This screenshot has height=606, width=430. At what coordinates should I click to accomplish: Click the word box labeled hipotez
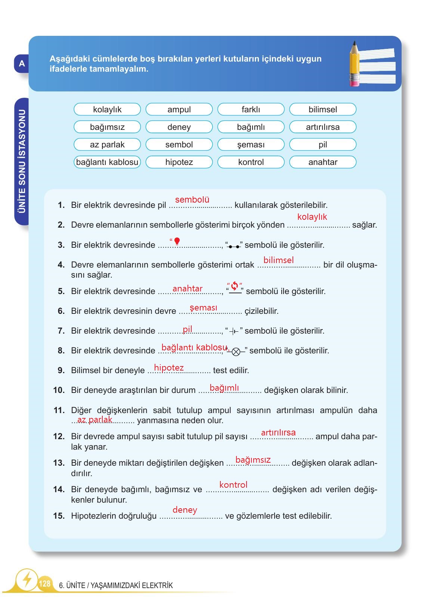point(179,162)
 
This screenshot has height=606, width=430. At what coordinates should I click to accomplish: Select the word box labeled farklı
point(251,109)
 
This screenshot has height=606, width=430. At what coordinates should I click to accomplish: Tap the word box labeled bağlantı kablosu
point(107,162)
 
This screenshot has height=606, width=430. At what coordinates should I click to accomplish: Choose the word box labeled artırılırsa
point(323,127)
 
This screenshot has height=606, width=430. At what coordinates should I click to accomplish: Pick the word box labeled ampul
point(179,109)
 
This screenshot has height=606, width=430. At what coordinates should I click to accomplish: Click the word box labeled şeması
point(251,144)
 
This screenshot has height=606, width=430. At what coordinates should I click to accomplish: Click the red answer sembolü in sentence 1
point(192,200)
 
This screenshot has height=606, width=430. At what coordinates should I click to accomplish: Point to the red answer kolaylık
point(312,217)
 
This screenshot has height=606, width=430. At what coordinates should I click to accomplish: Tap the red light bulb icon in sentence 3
point(177,241)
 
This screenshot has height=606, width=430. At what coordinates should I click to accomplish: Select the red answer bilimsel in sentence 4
point(278,260)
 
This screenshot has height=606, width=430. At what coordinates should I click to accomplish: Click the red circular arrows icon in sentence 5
point(235,286)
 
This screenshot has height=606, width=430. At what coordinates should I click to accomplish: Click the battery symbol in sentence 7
point(234,331)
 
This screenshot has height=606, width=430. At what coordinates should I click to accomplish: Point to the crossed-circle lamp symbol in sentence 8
point(236,352)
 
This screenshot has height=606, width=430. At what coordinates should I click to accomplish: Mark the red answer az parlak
point(95,420)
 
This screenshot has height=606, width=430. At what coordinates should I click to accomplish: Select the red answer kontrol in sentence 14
point(233,485)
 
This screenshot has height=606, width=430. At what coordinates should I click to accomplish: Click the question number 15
point(59,516)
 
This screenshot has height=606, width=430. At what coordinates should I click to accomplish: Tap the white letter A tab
point(22,63)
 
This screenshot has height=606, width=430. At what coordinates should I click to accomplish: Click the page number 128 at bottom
point(44,583)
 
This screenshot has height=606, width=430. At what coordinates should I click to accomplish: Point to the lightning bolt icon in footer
point(27,580)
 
